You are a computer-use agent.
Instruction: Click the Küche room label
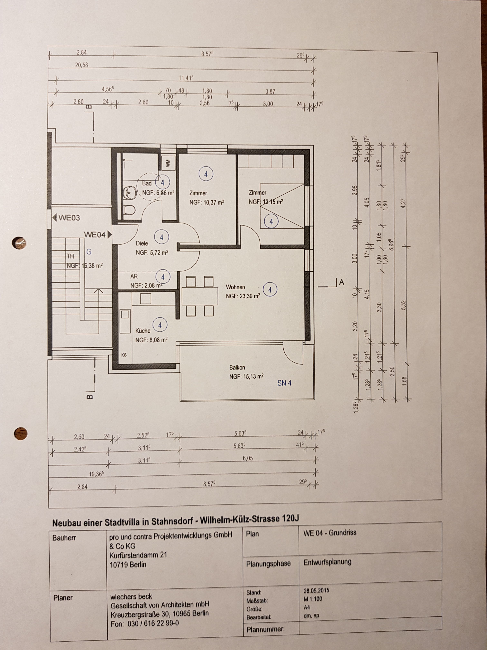[143, 331]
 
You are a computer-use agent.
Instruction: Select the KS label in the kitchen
[124, 355]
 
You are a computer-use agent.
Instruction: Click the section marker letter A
[341, 282]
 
